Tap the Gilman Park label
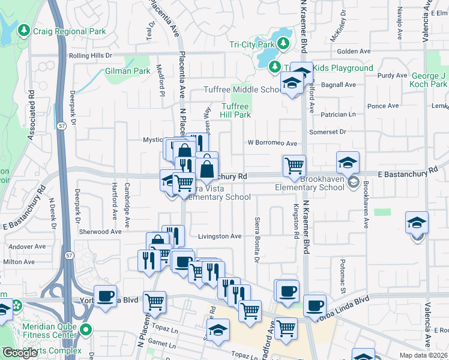tap(127, 71)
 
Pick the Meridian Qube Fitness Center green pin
tap(85, 329)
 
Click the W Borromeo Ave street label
tap(273, 143)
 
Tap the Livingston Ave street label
tap(220, 236)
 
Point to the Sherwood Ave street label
tap(100, 232)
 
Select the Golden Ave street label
tap(354, 52)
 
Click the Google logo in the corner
tap(19, 353)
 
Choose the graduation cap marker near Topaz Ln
tap(218, 329)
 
